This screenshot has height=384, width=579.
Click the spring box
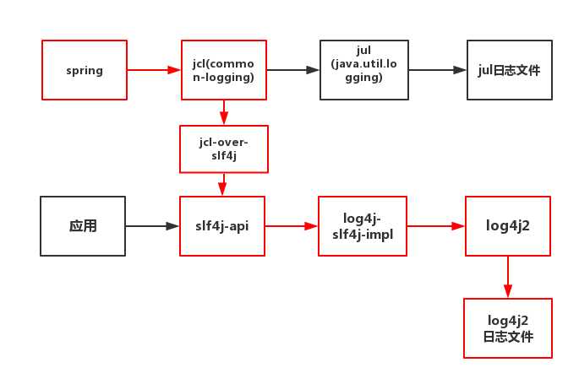[x=85, y=70]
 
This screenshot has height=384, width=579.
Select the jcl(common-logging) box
[x=224, y=70]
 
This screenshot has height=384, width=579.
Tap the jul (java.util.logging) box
[x=364, y=70]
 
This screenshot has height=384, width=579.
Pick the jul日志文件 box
[x=510, y=70]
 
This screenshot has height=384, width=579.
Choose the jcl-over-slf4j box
[x=224, y=149]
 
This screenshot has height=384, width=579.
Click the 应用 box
[x=83, y=226]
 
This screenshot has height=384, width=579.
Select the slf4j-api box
[x=222, y=226]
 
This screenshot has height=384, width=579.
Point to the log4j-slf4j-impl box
[x=363, y=226]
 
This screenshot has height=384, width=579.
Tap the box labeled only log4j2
[x=508, y=226]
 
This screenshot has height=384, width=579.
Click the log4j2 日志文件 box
[x=508, y=328]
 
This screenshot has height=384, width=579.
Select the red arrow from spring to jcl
[x=154, y=70]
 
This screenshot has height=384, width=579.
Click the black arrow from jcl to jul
[x=293, y=70]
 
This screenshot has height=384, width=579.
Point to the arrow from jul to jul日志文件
[x=438, y=70]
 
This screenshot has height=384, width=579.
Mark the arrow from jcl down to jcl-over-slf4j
[x=224, y=112]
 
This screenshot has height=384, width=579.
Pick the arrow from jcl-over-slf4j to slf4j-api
[x=222, y=184]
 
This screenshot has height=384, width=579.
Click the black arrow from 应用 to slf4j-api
[x=152, y=226]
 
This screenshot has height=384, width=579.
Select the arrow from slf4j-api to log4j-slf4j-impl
[x=292, y=226]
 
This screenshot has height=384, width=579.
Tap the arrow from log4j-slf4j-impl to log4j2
[x=436, y=226]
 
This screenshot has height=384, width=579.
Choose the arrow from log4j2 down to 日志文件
[x=508, y=277]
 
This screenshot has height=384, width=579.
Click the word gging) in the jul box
[x=363, y=78]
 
